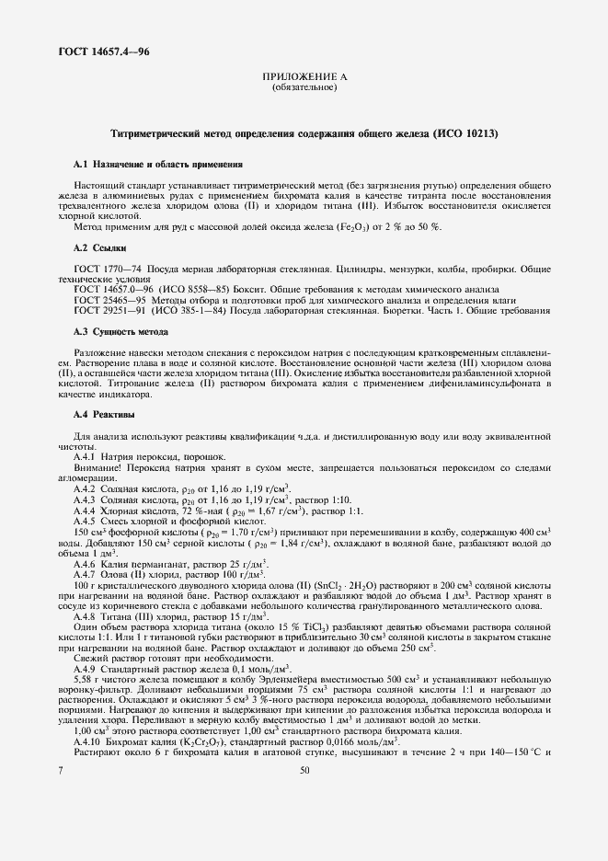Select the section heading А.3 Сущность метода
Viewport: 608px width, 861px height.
[120, 330]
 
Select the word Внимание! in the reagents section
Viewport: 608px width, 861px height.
[100, 469]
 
